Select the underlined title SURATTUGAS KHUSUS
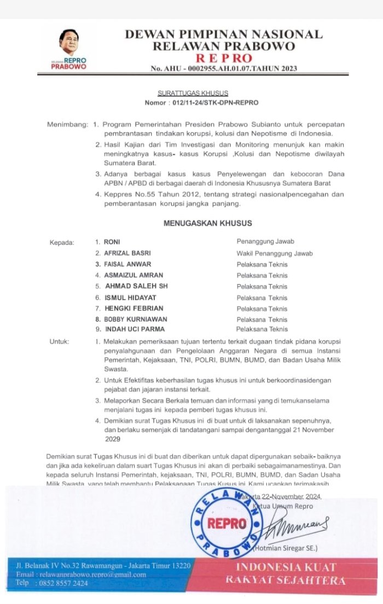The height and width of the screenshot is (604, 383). pyautogui.click(x=192, y=93)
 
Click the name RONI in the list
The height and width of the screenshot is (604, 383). pyautogui.click(x=112, y=242)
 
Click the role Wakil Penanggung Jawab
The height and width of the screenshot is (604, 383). pyautogui.click(x=275, y=253)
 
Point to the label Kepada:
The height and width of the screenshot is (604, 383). pyautogui.click(x=61, y=242)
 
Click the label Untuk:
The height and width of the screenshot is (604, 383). pyautogui.click(x=59, y=342)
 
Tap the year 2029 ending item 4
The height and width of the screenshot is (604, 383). pyautogui.click(x=112, y=438)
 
